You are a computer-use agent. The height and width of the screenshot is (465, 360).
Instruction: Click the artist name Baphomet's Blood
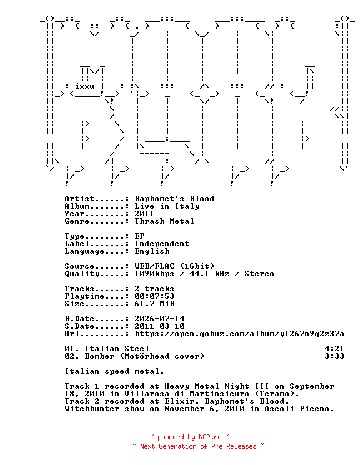(174, 199)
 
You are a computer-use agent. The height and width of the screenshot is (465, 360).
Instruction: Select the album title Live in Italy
(167, 206)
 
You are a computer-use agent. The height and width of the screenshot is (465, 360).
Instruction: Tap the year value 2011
(144, 214)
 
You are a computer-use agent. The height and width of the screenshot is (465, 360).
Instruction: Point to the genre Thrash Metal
(164, 221)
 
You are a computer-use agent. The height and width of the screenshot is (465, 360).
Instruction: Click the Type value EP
(139, 236)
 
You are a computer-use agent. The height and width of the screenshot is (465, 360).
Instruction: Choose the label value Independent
(162, 244)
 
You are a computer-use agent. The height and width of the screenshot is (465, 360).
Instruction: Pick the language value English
(152, 251)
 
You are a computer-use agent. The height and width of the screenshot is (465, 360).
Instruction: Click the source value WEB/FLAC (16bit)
(174, 266)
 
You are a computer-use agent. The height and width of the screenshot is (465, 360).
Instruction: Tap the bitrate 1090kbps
(154, 273)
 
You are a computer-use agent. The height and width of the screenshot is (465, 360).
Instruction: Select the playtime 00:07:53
(154, 296)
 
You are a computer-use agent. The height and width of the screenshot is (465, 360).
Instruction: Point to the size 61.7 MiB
(154, 304)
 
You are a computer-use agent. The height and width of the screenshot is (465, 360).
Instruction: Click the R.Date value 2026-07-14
(159, 319)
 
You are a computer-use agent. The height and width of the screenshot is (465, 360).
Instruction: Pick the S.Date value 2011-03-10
(159, 326)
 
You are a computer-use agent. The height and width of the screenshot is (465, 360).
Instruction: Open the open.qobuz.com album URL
(239, 334)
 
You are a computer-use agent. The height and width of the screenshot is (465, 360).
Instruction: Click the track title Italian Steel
(117, 349)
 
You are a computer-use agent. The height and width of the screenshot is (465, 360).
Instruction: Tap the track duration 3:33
(334, 356)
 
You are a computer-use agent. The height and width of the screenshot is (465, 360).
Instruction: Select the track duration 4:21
(334, 349)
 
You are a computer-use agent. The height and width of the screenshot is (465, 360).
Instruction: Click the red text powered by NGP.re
(189, 437)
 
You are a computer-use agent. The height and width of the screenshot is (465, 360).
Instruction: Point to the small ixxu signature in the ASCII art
(85, 86)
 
